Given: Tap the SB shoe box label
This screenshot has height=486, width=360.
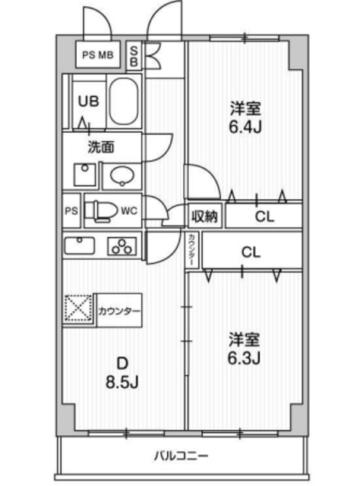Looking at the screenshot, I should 134,55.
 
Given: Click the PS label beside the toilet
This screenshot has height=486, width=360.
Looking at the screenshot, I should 71,210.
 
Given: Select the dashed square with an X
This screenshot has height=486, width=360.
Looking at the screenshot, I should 78,311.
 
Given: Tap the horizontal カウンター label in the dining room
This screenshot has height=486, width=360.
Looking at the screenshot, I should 119,311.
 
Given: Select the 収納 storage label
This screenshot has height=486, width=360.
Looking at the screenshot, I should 204,216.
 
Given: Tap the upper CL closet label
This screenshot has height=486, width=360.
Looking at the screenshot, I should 263,217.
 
